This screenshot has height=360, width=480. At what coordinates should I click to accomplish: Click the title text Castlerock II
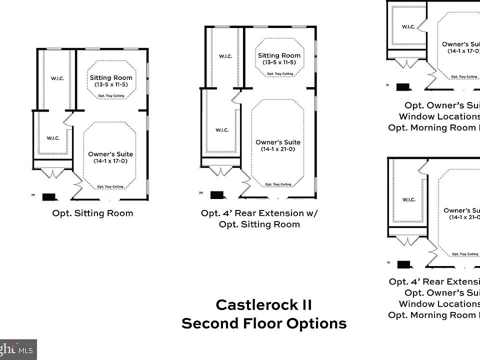tap(263, 304)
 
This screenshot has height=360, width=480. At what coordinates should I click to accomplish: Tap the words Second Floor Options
tap(263, 323)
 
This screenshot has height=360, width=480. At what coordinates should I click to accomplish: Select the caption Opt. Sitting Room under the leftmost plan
tap(93, 213)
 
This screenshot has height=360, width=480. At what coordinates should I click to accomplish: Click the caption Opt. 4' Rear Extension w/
tap(259, 213)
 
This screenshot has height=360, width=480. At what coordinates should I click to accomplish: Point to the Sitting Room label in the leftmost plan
tap(111, 77)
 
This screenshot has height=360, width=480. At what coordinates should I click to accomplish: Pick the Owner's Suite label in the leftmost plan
tap(110, 154)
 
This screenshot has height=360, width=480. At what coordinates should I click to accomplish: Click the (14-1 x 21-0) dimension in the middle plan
tap(278, 149)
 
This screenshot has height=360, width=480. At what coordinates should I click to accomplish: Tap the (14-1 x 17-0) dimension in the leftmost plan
tap(110, 160)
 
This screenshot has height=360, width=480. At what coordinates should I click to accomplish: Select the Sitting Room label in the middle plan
tap(279, 55)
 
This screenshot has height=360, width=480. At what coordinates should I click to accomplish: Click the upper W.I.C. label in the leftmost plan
tap(57, 78)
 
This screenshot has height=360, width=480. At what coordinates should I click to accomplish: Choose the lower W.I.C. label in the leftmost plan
tap(54, 138)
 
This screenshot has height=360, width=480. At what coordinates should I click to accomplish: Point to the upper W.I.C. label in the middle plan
tap(225, 56)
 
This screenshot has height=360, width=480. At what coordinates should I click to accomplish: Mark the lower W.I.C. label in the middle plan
tap(222, 130)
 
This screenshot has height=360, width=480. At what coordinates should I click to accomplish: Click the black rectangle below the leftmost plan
tap(49, 197)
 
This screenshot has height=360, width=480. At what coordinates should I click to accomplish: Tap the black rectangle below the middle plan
tap(217, 194)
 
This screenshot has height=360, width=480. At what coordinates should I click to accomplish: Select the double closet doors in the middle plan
tap(218, 171)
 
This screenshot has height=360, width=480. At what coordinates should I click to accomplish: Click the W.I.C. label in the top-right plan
tap(408, 26)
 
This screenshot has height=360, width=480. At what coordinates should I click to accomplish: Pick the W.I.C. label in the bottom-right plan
tap(408, 200)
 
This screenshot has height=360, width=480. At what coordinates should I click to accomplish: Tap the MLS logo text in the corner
tap(25, 350)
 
